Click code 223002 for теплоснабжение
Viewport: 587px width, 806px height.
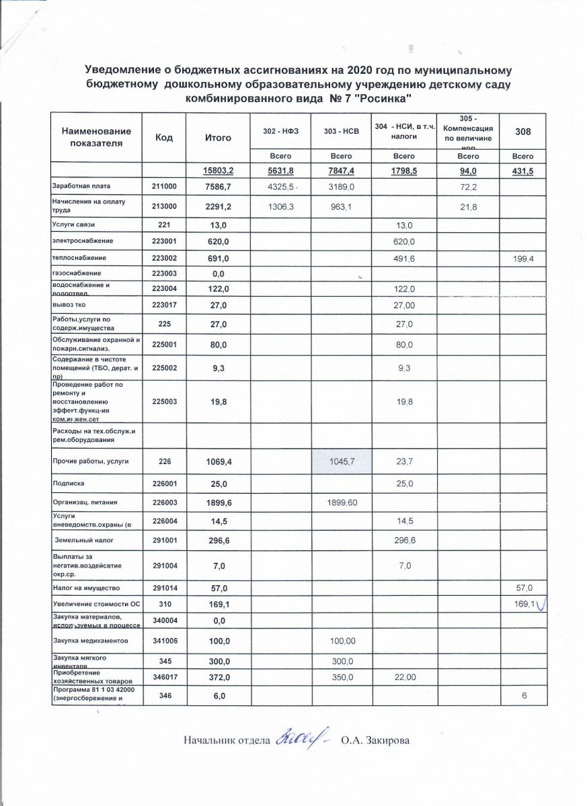(x=164, y=258)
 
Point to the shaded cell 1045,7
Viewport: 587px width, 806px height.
(x=342, y=461)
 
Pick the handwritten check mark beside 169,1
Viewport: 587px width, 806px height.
(x=540, y=605)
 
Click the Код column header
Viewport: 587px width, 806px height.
(x=164, y=137)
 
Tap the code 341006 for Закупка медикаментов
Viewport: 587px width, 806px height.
(x=164, y=641)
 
